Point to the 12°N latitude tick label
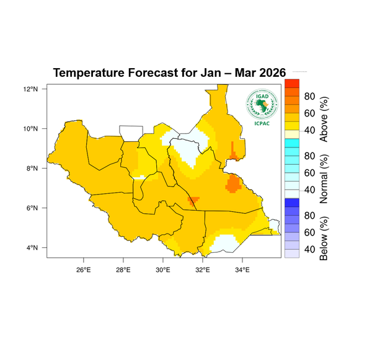32,89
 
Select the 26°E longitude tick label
84,270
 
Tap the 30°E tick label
163,270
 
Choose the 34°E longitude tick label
242,270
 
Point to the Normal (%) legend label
323,180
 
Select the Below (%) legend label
323,238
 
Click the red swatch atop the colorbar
291,83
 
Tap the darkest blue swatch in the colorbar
291,202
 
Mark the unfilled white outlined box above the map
131,133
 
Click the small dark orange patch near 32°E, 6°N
193,200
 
